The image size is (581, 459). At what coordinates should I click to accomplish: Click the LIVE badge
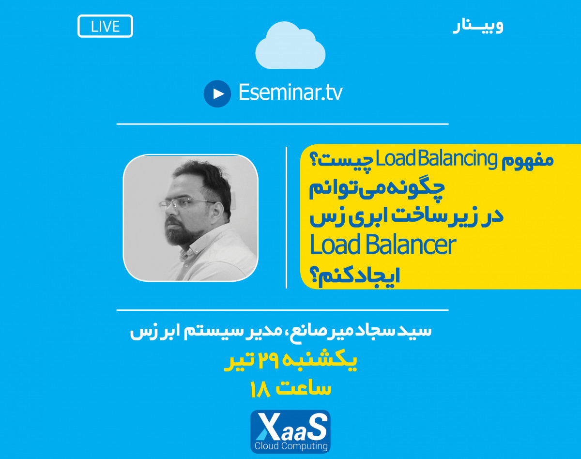(105, 26)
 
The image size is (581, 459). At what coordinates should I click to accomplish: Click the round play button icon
(217, 93)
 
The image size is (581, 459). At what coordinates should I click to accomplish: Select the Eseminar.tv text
(290, 93)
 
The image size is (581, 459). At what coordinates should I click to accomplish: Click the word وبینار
(478, 26)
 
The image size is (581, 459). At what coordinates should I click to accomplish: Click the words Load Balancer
(382, 245)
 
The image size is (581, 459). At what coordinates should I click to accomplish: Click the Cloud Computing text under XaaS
(291, 446)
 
